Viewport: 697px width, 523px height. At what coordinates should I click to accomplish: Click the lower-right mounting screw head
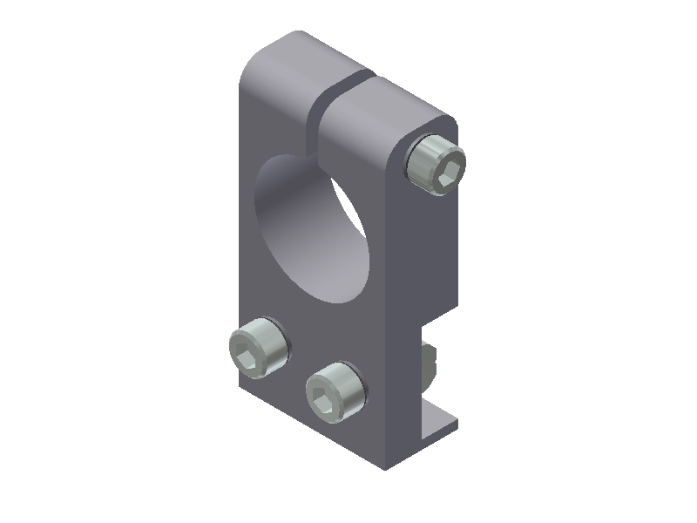tap(335, 391)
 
